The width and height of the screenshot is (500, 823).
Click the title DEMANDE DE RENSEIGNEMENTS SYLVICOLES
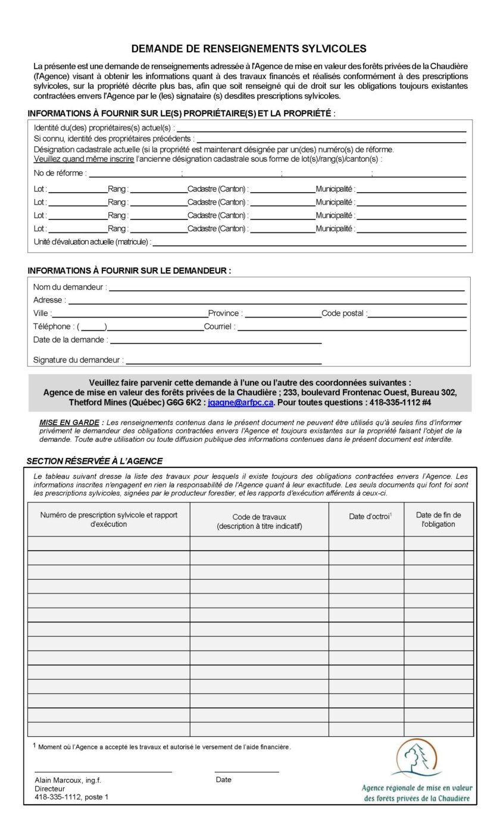pyautogui.click(x=249, y=49)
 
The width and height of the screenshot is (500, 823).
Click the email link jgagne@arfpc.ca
pyautogui.click(x=240, y=403)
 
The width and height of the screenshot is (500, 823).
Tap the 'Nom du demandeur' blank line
pyautogui.click(x=286, y=288)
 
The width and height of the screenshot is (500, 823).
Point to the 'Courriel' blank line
pyautogui.click(x=351, y=328)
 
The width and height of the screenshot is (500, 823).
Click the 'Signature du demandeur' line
pyautogui.click(x=223, y=361)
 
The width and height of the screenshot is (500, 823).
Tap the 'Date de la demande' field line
pyautogui.click(x=215, y=341)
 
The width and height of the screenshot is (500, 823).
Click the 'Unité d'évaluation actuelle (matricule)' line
pyautogui.click(x=309, y=243)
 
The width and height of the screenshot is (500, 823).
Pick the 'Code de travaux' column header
pyautogui.click(x=259, y=522)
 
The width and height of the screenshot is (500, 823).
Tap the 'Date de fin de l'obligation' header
pyautogui.click(x=438, y=520)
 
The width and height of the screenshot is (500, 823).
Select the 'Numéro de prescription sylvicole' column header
pyautogui.click(x=108, y=519)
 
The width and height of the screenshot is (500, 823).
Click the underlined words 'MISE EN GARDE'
pyautogui.click(x=69, y=422)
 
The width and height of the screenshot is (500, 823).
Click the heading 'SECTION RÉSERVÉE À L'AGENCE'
pyautogui.click(x=94, y=461)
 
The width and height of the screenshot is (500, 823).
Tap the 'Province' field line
pyautogui.click(x=283, y=315)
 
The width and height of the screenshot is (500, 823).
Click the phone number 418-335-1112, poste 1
pyautogui.click(x=71, y=797)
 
